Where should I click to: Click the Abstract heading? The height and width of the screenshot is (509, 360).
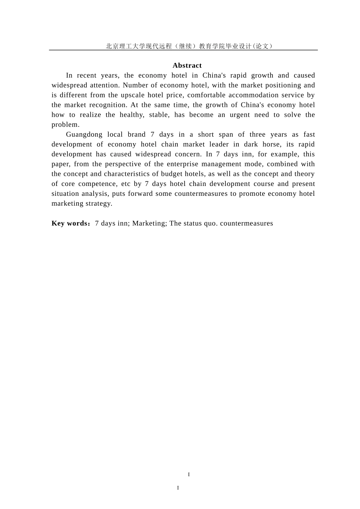point(187,66)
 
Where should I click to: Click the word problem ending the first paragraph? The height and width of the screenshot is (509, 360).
point(65,125)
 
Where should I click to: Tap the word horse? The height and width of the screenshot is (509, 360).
point(272,144)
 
